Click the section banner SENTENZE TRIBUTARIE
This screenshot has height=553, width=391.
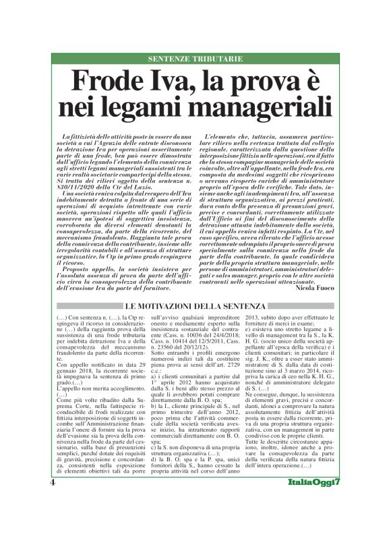[x=195, y=59]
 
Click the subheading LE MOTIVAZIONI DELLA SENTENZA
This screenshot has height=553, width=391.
[x=195, y=307]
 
